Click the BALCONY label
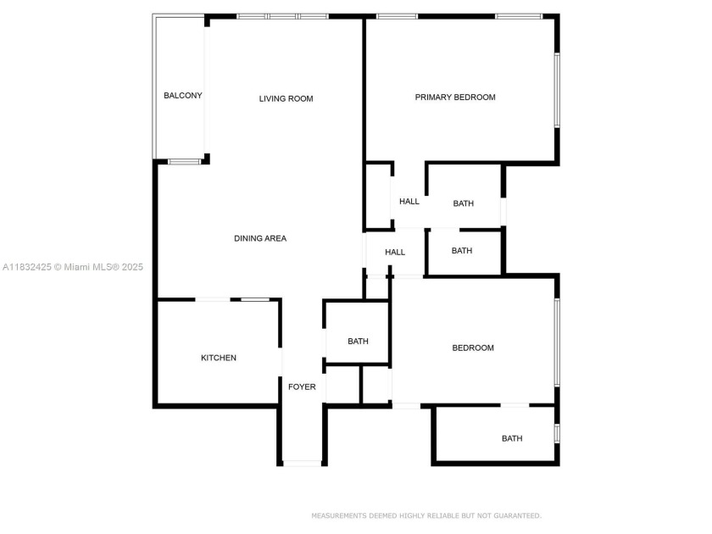click(x=183, y=96)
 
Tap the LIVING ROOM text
click(x=286, y=99)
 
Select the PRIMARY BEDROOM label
click(x=455, y=97)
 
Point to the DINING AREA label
click(x=260, y=239)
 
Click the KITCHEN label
click(x=219, y=359)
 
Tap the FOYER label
click(x=302, y=387)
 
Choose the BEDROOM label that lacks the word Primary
click(x=473, y=348)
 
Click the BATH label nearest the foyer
click(x=358, y=342)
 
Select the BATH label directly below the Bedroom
click(x=512, y=439)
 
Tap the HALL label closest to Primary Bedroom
click(x=409, y=202)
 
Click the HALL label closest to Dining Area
click(x=395, y=253)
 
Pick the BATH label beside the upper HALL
click(x=464, y=203)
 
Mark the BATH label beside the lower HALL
click(x=462, y=251)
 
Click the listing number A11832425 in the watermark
click(x=27, y=267)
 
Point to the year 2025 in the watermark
click(x=132, y=267)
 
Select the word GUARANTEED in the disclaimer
click(x=514, y=515)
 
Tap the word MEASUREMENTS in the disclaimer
click(x=338, y=515)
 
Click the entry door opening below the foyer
click(x=302, y=463)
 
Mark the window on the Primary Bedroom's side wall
click(x=557, y=91)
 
